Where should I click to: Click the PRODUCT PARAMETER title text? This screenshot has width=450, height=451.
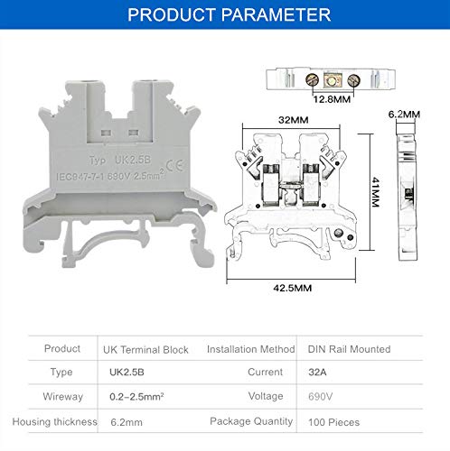(228, 15)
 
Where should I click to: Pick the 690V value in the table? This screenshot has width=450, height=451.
(316, 397)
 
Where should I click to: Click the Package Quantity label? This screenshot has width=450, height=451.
(250, 421)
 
